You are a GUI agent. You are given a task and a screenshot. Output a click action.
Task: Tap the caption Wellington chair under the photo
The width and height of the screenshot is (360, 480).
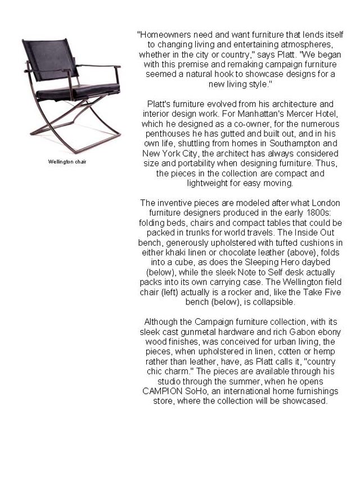point(67,162)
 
